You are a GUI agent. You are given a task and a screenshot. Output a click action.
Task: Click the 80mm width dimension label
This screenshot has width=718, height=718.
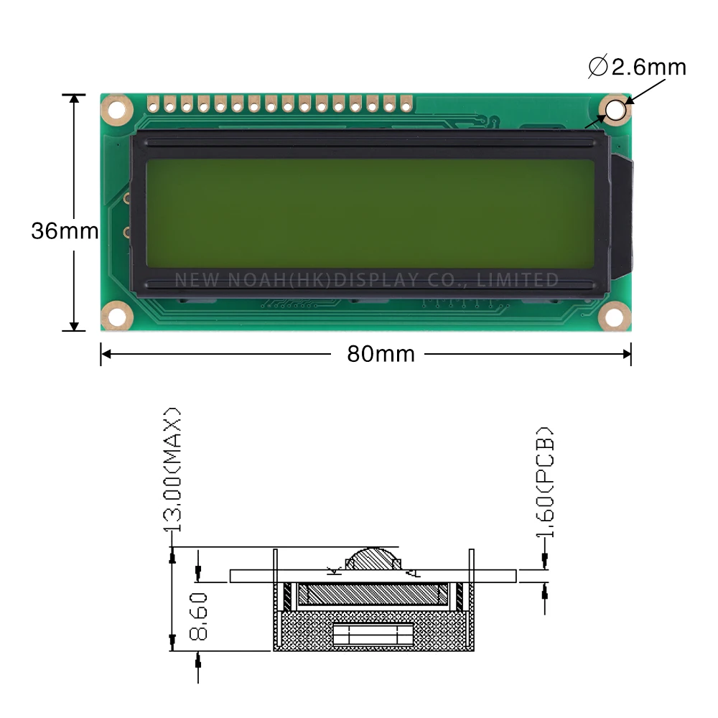[381, 354]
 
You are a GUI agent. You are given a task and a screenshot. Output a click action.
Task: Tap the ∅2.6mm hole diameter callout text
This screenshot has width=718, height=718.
[638, 67]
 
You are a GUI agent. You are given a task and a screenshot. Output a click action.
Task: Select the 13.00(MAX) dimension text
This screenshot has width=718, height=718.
[173, 470]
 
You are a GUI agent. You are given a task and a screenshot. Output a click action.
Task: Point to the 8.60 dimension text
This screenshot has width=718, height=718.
[200, 616]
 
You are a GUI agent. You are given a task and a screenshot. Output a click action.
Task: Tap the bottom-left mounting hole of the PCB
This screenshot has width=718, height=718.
[116, 315]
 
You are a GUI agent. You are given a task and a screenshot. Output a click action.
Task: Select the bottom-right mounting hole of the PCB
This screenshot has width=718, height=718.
[615, 315]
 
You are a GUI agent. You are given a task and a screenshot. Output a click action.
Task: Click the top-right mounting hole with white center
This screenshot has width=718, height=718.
[615, 110]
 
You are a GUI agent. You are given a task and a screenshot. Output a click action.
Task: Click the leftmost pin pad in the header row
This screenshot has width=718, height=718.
[153, 105]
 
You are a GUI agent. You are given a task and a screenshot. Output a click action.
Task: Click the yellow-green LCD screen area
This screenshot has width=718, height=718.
[370, 212]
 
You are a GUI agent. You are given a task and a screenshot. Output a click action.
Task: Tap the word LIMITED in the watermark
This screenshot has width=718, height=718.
[526, 279]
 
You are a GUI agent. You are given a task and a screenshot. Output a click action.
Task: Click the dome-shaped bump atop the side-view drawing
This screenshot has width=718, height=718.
[373, 559]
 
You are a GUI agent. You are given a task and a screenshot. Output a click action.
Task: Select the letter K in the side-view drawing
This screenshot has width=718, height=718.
[332, 571]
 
